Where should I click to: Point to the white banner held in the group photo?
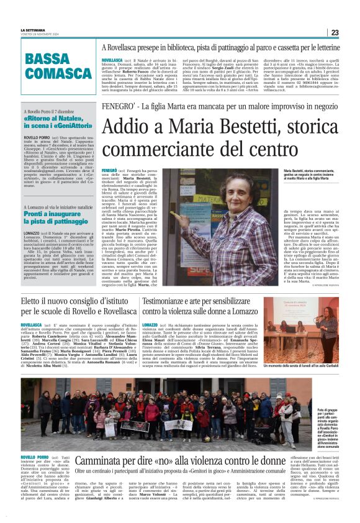tap(178, 425)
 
